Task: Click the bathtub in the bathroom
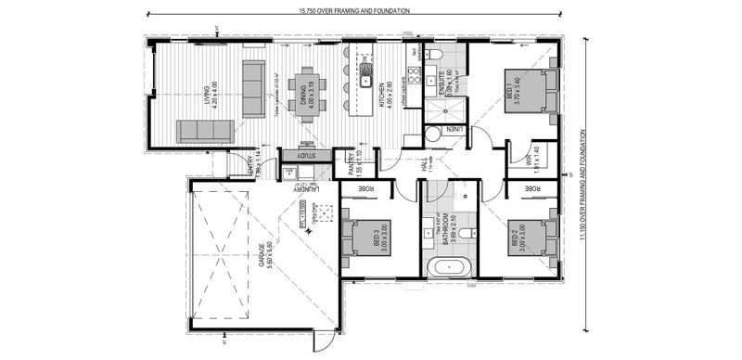[x=450, y=269]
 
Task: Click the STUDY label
[x=306, y=155]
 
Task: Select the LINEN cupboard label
[x=454, y=129]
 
